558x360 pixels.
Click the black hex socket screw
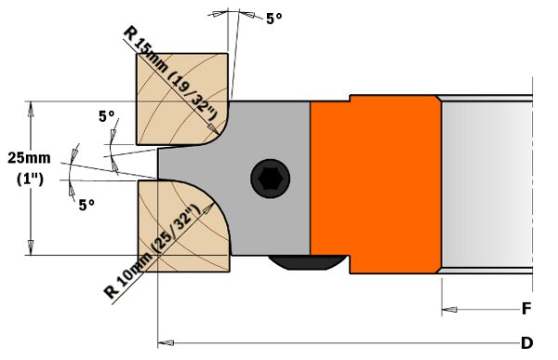(x=270, y=179)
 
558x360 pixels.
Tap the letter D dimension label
(x=526, y=343)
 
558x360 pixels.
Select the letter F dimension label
(x=526, y=308)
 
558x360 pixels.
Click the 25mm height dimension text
(x=29, y=158)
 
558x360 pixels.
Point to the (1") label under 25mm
(x=30, y=180)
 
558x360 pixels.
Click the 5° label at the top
(x=274, y=19)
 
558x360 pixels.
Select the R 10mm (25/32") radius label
(x=152, y=251)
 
